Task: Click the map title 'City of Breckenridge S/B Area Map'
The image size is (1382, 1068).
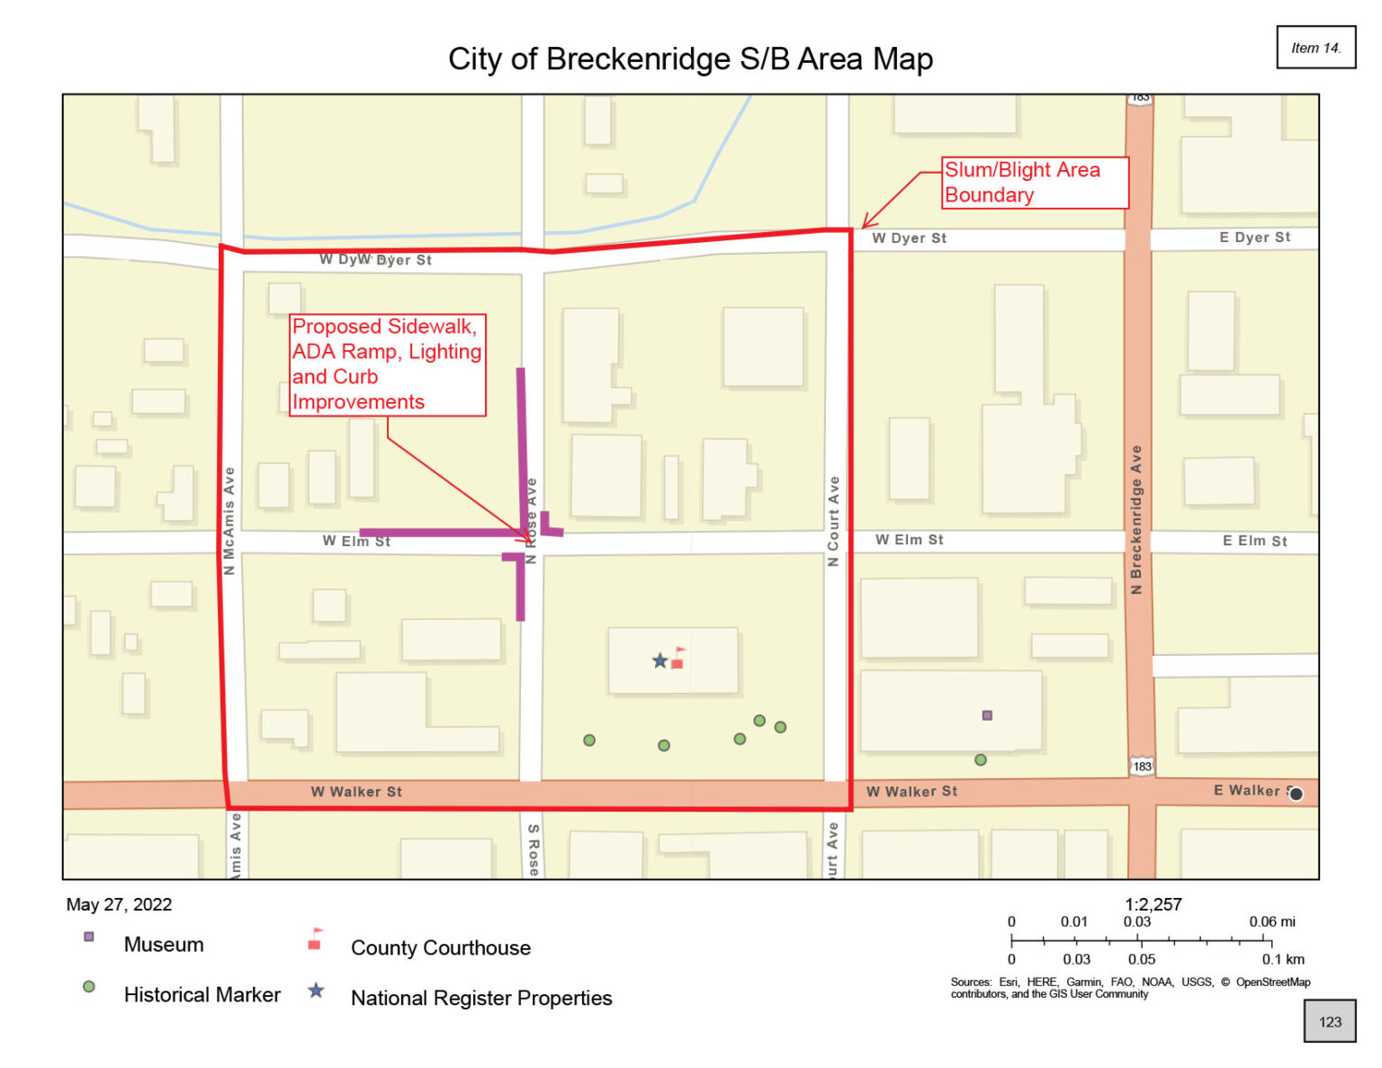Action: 690,59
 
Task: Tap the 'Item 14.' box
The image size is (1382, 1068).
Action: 1315,48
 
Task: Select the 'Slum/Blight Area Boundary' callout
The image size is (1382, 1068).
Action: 1034,183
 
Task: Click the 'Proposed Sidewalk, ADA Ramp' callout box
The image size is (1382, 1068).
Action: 387,364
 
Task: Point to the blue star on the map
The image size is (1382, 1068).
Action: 660,661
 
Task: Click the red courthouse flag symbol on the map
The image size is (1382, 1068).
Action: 678,659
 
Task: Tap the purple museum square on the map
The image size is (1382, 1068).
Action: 987,715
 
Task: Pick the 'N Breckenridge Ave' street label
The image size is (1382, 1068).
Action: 1136,520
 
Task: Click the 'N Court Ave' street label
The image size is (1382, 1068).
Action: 833,521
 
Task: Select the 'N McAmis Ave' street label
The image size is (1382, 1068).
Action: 229,521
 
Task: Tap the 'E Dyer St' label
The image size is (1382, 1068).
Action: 1254,238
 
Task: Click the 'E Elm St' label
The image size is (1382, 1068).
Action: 1254,541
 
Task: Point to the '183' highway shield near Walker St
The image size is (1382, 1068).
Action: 1142,767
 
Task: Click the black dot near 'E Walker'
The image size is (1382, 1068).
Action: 1296,794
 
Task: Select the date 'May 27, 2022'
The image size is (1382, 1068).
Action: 119,905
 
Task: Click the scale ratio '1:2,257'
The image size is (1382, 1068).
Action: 1153,904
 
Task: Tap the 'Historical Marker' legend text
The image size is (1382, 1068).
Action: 202,995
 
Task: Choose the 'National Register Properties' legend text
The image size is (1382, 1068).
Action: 481,999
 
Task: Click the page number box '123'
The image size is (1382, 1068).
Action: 1329,1022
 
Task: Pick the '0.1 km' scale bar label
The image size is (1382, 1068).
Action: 1282,959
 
